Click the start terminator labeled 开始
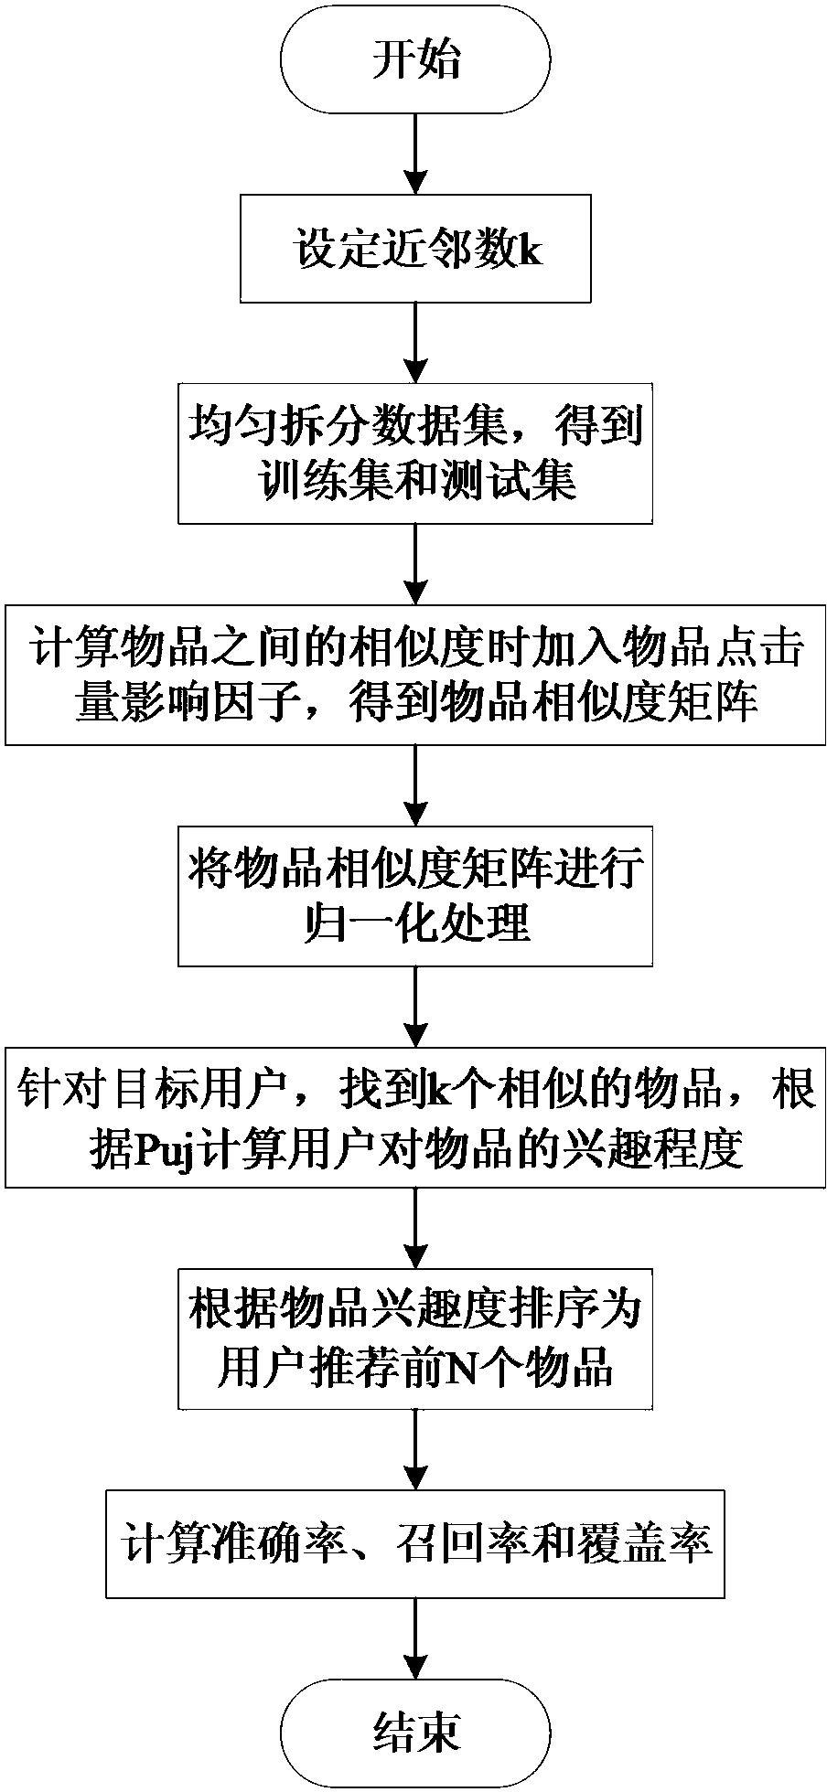(x=415, y=64)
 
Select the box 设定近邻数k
(x=415, y=251)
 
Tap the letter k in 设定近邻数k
(x=531, y=251)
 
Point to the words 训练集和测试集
(x=415, y=480)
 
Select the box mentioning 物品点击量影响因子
(x=415, y=675)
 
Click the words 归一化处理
(x=415, y=924)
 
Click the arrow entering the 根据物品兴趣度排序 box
(x=415, y=1230)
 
